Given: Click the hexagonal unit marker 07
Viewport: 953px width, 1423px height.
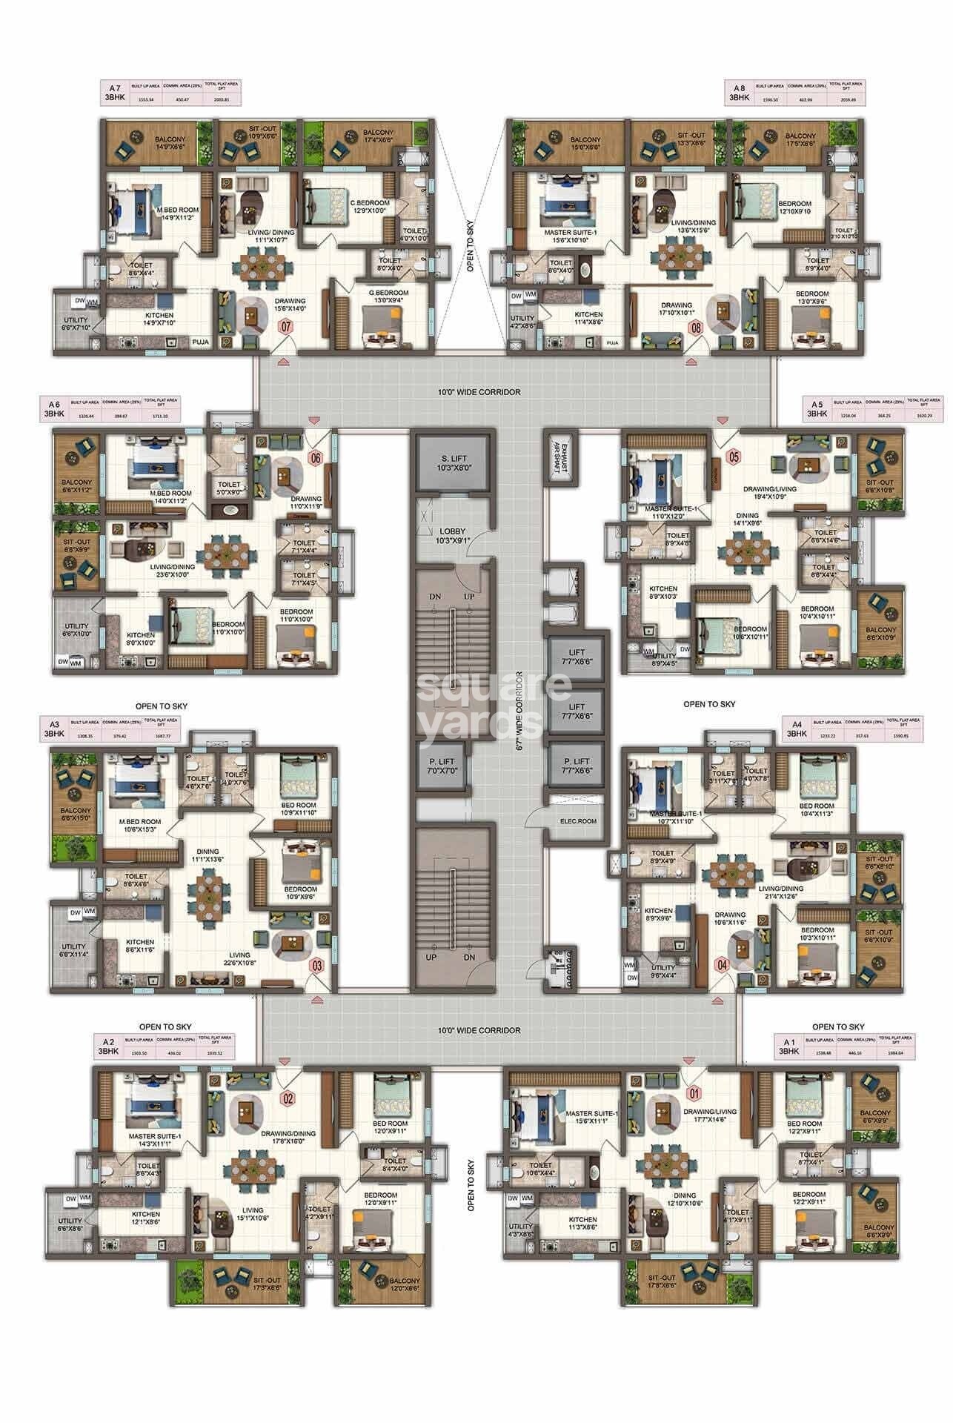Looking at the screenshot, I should [x=285, y=325].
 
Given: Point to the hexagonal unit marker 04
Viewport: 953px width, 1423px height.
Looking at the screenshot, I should [x=723, y=964].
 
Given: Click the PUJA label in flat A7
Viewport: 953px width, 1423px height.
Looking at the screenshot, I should [x=200, y=342].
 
